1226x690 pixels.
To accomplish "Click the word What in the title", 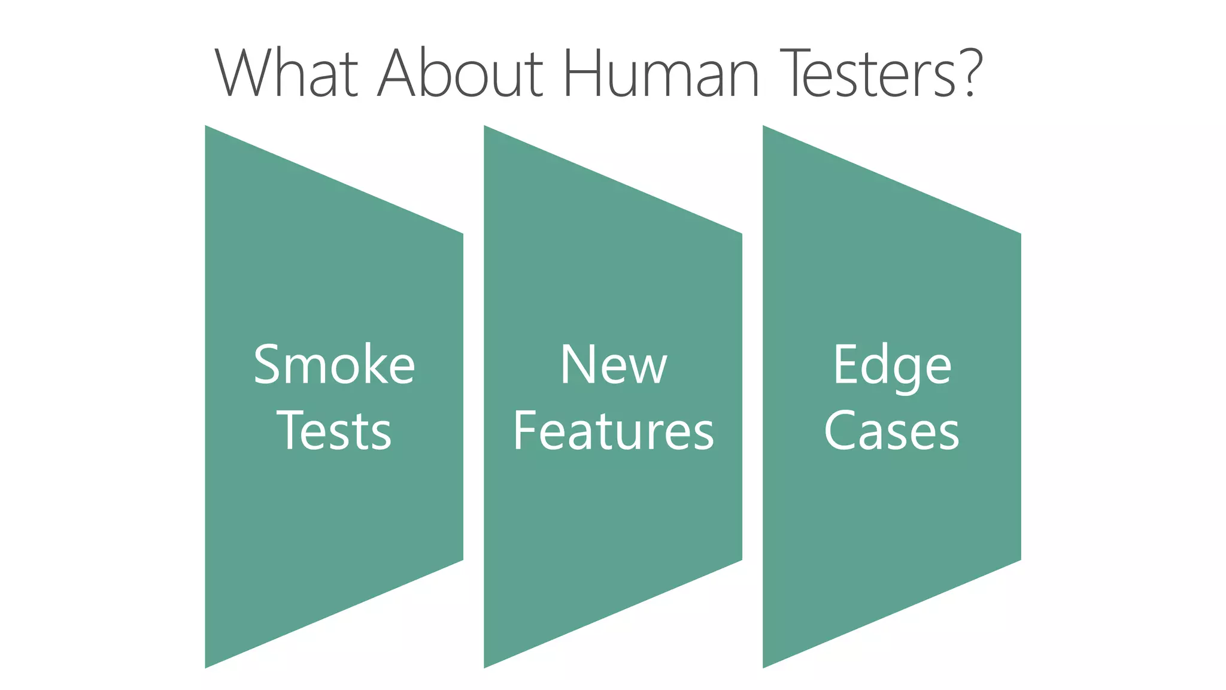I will (x=286, y=74).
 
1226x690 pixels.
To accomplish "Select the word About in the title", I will (x=460, y=74).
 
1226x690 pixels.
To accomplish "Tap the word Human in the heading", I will (x=661, y=74).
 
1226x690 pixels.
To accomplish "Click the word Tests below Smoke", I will (x=334, y=431).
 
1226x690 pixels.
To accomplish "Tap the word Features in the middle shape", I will (x=613, y=431).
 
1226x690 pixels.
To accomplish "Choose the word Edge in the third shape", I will (x=892, y=366).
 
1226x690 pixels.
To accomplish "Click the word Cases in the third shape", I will (x=892, y=431).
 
